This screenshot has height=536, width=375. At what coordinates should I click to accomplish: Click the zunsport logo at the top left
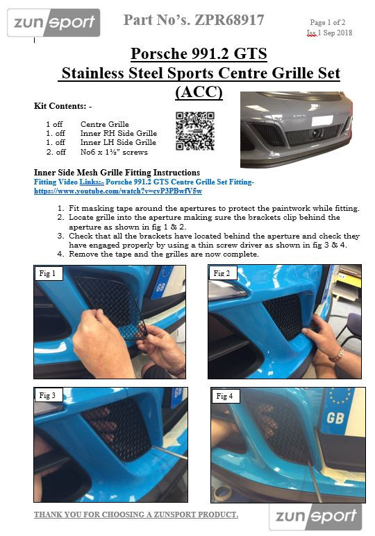(x=53, y=23)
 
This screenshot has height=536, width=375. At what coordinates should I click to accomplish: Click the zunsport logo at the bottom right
(x=315, y=517)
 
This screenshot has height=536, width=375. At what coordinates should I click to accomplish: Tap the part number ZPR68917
(x=229, y=20)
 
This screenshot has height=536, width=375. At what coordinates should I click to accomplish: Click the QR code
(x=195, y=131)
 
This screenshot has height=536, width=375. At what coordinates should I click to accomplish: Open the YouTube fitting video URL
(x=118, y=191)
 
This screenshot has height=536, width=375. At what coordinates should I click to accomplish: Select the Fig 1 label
(x=47, y=273)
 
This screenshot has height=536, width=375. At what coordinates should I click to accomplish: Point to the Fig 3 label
(x=47, y=395)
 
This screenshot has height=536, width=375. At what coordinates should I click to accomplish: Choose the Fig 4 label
(x=224, y=396)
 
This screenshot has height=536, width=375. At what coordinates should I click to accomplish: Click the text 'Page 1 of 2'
(x=327, y=23)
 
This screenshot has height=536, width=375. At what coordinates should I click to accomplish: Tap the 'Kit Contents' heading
(x=62, y=106)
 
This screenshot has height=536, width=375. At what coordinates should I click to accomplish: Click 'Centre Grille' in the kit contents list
(x=105, y=124)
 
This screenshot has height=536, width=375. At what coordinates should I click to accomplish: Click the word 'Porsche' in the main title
(x=158, y=53)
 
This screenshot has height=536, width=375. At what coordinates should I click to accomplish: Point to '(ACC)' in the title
(x=199, y=92)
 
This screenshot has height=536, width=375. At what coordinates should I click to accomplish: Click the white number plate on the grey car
(x=322, y=121)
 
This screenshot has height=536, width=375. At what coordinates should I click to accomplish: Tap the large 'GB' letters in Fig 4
(x=335, y=417)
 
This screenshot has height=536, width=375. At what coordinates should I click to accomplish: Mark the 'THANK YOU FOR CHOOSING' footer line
(x=136, y=515)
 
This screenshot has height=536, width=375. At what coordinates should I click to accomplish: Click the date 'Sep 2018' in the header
(x=337, y=33)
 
